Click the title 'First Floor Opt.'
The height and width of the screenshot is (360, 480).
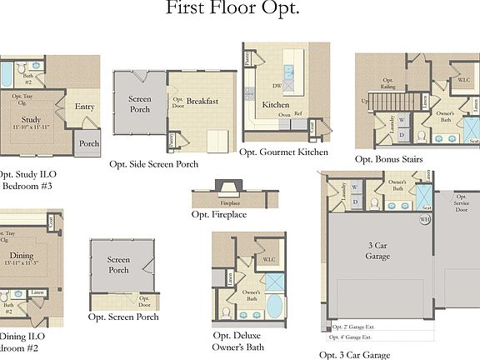tap(232, 9)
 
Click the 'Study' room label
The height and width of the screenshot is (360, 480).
tap(31, 119)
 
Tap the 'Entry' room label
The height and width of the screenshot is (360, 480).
tap(84, 107)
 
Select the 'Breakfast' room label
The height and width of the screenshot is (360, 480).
tap(202, 102)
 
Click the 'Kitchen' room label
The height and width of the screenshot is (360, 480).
tap(276, 105)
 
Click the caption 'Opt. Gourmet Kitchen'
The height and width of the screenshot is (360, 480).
tap(283, 152)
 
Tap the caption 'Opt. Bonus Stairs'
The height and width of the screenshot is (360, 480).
tap(388, 158)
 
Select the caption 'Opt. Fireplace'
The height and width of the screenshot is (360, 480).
tap(218, 214)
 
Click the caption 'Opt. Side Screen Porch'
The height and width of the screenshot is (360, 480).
tap(154, 164)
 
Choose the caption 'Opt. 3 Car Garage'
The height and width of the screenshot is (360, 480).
tap(354, 354)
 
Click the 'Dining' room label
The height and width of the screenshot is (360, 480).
tap(22, 256)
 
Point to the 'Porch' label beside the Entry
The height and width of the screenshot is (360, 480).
tap(88, 143)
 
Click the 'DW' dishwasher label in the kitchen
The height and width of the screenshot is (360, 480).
tap(276, 85)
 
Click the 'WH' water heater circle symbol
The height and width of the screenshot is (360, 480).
tap(424, 220)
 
